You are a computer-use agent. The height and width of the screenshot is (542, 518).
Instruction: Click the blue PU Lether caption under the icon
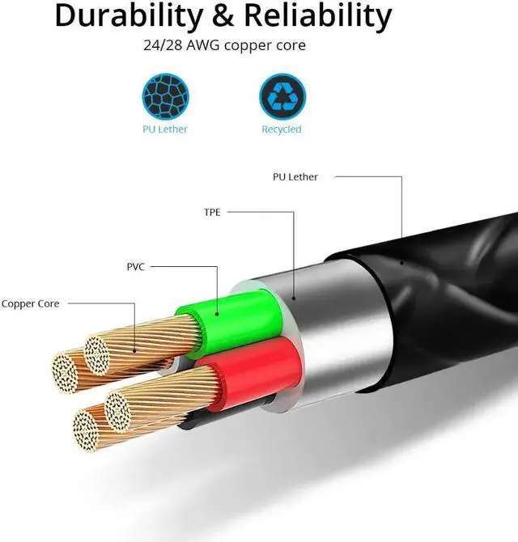pyautogui.click(x=166, y=129)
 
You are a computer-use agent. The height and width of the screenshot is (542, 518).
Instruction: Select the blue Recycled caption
pyautogui.click(x=281, y=129)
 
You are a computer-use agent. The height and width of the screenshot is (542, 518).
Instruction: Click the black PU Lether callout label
pyautogui.click(x=295, y=176)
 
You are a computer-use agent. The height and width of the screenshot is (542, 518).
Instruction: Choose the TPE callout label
pyautogui.click(x=212, y=213)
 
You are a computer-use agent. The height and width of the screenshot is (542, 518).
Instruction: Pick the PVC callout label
pyautogui.click(x=136, y=265)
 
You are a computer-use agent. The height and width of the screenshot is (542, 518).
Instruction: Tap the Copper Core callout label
pyautogui.click(x=31, y=304)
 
